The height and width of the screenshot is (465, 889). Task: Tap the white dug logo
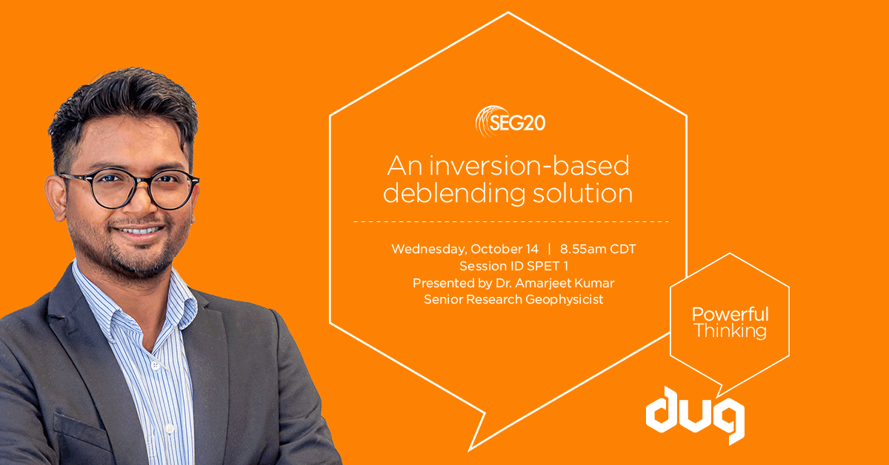(x=695, y=415)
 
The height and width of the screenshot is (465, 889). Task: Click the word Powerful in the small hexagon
(x=730, y=314)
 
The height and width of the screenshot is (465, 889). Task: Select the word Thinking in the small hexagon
(x=730, y=331)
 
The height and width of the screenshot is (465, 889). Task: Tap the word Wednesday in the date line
(x=429, y=250)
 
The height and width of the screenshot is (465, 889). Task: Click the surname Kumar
(x=596, y=283)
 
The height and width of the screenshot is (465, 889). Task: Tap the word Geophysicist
(x=565, y=300)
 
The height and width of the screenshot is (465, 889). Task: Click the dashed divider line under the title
(x=511, y=222)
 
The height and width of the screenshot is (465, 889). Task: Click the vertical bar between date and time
(x=549, y=250)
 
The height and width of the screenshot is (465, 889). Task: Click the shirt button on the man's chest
(x=155, y=366)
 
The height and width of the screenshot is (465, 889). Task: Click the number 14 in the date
(x=532, y=250)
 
